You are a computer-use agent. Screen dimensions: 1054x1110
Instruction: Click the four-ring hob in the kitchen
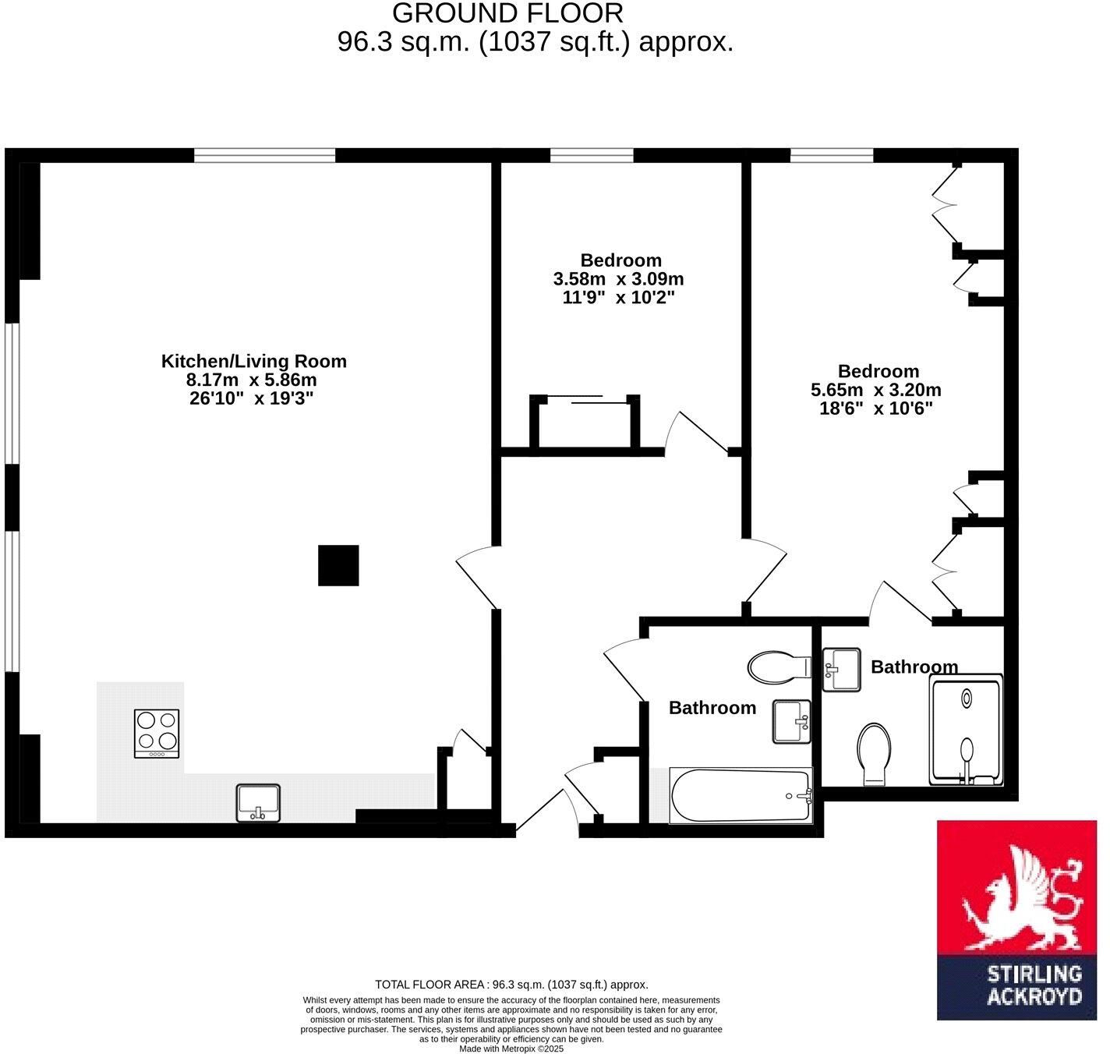[157, 733]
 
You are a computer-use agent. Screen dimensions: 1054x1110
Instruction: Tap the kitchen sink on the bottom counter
[258, 803]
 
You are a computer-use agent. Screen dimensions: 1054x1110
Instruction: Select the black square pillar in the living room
[338, 565]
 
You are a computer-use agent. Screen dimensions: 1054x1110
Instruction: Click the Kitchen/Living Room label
[253, 361]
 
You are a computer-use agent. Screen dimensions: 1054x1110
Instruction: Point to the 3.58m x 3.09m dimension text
[618, 279]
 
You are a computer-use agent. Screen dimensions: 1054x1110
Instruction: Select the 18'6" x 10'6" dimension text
[876, 409]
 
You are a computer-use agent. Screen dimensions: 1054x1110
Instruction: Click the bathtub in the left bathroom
[741, 796]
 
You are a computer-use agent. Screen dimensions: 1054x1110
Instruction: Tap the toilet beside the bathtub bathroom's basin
[779, 667]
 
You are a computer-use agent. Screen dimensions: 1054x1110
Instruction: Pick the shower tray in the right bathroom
[967, 729]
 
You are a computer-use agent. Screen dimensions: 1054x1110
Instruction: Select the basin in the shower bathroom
[841, 669]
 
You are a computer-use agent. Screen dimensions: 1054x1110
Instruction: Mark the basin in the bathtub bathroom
[791, 721]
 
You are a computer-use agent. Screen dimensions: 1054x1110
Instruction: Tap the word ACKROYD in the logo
[1034, 996]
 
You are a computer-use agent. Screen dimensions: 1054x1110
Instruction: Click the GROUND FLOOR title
[507, 13]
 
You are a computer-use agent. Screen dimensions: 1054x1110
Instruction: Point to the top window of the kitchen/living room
[264, 156]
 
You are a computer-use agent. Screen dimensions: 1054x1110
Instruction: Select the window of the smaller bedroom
[592, 156]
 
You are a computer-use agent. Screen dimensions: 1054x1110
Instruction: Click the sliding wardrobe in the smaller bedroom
[585, 424]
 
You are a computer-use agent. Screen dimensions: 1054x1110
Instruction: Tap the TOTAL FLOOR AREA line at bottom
[511, 985]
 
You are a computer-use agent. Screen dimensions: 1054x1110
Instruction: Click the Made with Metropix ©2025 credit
[511, 1049]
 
